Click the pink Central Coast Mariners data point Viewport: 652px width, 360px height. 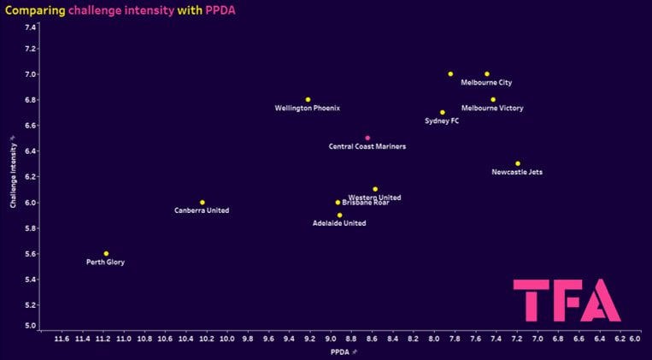point(367,138)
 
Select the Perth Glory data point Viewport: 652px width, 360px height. point(106,253)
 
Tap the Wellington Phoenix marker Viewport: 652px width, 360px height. point(308,99)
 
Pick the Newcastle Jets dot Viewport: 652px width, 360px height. point(517,163)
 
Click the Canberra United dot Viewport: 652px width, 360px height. point(202,202)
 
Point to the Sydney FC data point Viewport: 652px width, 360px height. point(442,112)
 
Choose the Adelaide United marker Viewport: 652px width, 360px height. point(339,215)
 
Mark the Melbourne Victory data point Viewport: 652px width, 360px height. point(493,99)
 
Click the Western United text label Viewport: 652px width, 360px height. point(374,198)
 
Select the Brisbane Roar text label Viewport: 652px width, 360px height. point(365,204)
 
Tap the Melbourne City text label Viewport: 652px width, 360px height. point(486,83)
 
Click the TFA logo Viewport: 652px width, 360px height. point(567,300)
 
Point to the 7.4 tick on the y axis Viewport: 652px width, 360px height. point(30,27)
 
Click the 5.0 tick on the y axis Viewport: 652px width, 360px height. point(30,326)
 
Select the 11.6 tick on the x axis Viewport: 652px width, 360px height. point(62,339)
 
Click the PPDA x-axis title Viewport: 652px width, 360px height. point(338,351)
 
